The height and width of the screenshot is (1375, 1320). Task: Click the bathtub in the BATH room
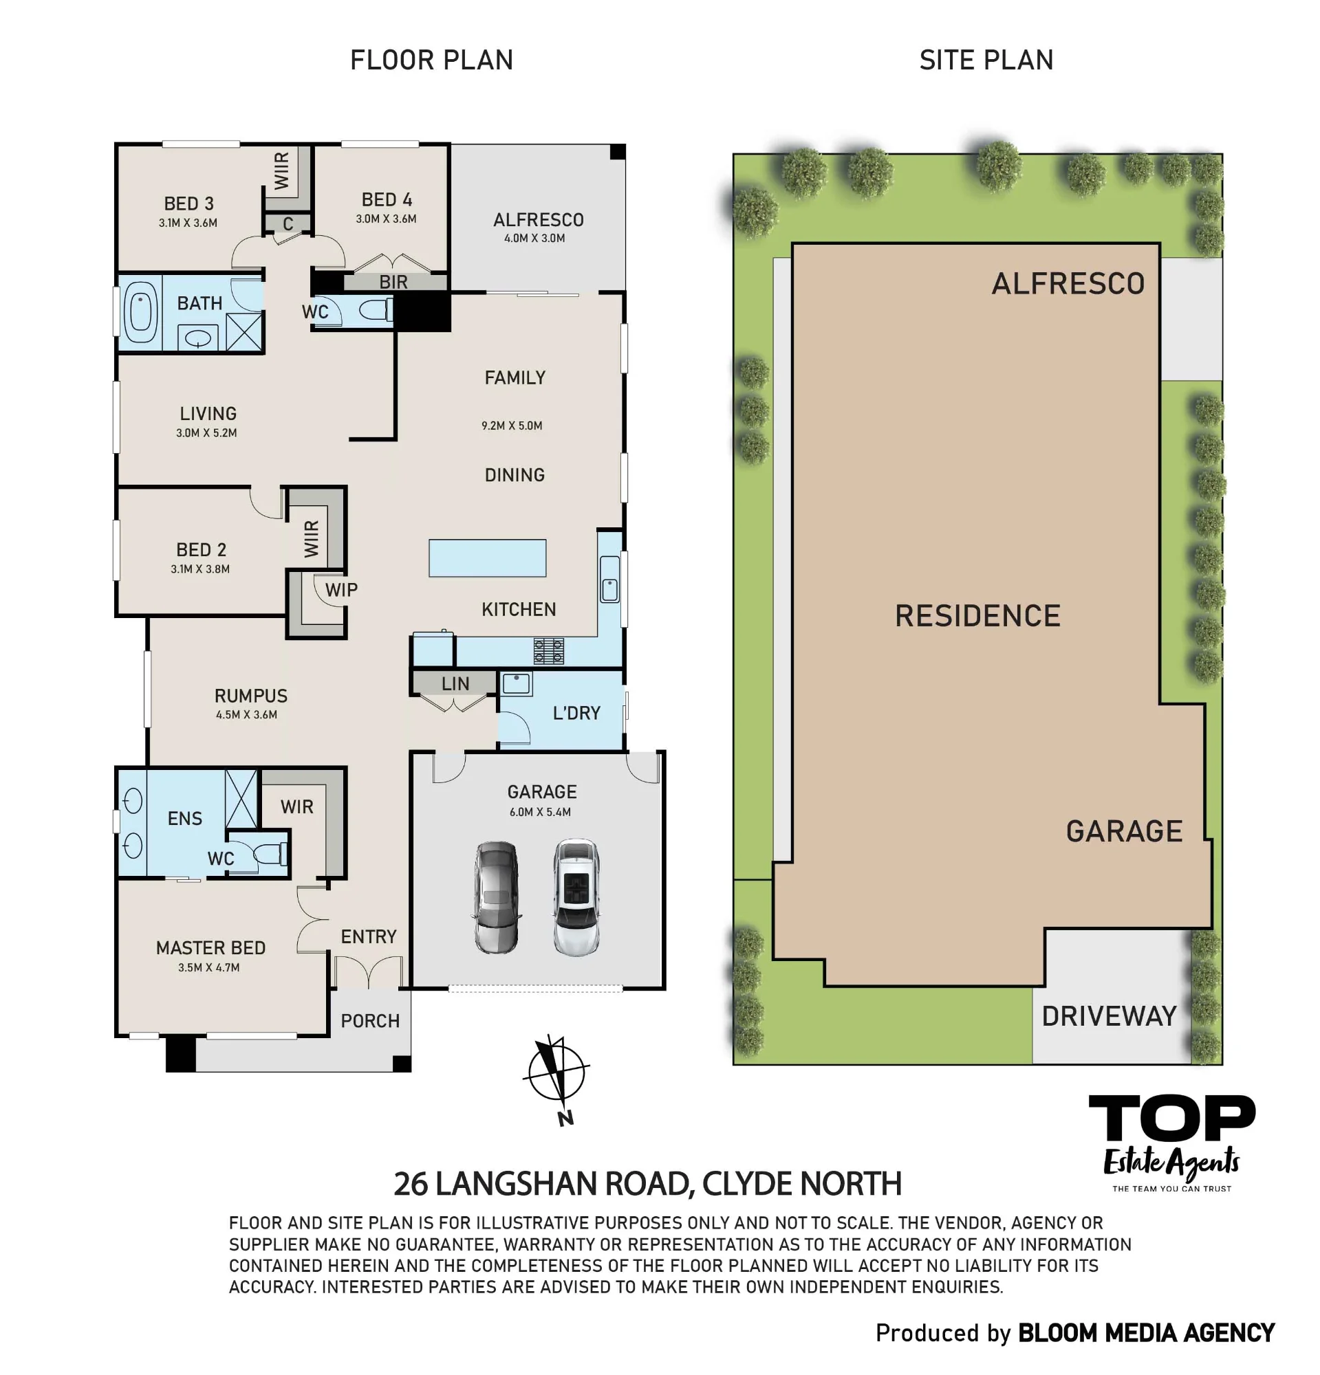[x=140, y=311]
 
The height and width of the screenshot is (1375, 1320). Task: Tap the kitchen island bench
[x=487, y=558]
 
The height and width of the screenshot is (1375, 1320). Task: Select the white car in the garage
[x=576, y=896]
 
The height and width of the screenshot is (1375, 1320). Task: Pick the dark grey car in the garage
[x=496, y=896]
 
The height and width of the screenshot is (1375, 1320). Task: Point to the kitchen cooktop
[x=548, y=650]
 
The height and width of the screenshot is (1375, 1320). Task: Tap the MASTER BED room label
[x=210, y=948]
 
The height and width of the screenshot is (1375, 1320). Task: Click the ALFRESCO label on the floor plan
[x=538, y=219]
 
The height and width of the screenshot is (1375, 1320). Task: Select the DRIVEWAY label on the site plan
[x=1109, y=1016]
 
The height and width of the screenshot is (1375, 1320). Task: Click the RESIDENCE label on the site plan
[x=977, y=616]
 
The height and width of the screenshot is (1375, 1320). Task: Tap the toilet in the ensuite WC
[x=270, y=854]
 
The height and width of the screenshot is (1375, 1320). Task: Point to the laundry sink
[x=517, y=683]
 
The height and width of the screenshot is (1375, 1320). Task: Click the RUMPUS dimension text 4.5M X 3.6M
[x=246, y=715]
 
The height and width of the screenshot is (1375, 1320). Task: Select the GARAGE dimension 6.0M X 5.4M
[x=541, y=812]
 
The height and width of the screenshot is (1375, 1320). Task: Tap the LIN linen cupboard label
[x=455, y=683]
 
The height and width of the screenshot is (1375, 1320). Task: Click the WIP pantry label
[x=342, y=590]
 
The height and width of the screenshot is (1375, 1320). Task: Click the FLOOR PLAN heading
[x=431, y=60]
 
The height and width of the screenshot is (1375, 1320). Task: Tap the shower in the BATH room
[x=244, y=332]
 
